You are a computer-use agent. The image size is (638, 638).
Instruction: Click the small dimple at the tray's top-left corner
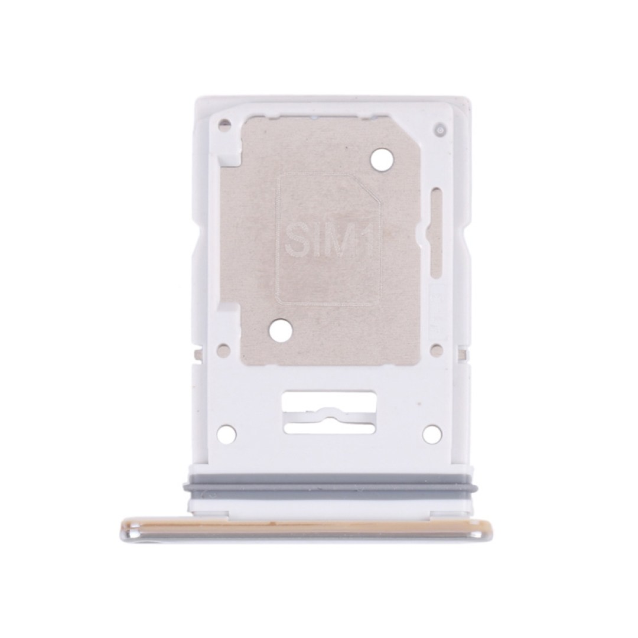point(222,124)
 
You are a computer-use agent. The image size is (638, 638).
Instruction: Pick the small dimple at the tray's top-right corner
point(439,129)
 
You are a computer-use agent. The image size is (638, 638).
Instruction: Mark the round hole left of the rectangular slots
point(227,433)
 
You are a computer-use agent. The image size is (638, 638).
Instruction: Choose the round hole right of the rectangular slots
point(432,433)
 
